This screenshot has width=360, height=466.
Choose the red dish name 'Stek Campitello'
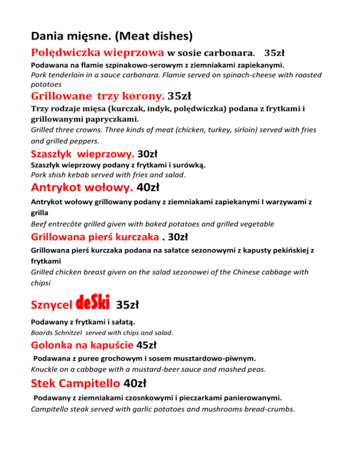click(75, 384)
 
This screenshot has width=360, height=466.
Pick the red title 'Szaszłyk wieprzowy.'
click(82, 153)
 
